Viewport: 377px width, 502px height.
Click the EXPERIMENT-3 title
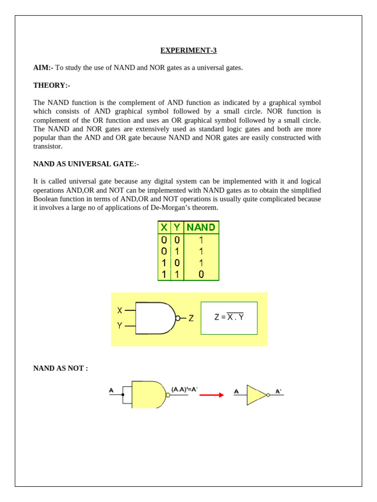coord(188,50)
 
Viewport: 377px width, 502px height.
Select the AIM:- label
coord(43,68)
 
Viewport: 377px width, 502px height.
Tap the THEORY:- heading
coord(52,85)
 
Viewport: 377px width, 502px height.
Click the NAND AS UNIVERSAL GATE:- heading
coord(86,164)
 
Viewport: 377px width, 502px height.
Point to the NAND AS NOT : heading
coord(60,368)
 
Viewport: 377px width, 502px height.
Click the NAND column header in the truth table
coord(201,227)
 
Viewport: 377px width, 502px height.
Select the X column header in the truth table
coord(164,227)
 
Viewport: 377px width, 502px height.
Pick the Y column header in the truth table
coord(177,227)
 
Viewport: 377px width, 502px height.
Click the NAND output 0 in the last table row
coord(201,275)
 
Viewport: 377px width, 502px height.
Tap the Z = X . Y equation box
coord(229,318)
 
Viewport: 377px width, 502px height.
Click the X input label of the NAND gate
coord(120,310)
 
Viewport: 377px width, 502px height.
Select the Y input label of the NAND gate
coord(120,325)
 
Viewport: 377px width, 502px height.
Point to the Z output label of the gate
coord(191,318)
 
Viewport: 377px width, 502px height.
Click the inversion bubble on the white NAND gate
coord(178,318)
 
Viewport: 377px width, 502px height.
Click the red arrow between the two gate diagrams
coord(212,395)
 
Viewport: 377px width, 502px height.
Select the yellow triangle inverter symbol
coord(256,395)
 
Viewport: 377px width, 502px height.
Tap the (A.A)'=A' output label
coord(184,389)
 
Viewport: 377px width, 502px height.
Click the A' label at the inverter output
coord(278,391)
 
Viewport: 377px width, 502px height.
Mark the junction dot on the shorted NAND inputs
coord(123,395)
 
